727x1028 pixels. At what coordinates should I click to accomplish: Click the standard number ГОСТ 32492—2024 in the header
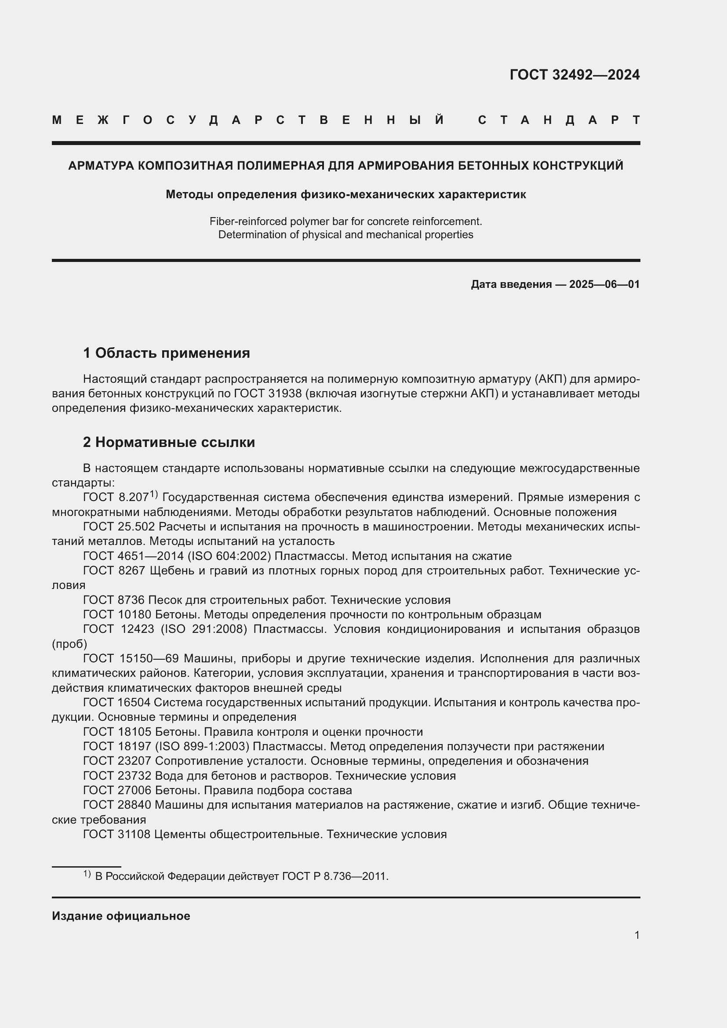tap(574, 75)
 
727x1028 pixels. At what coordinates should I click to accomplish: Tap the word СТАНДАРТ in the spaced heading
tap(559, 120)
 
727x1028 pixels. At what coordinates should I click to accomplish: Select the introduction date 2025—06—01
tap(604, 284)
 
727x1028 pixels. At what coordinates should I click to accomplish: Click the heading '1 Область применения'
tap(167, 353)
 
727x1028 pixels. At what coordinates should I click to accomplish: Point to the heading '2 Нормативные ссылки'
tap(169, 443)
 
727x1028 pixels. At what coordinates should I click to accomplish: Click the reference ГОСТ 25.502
tap(119, 527)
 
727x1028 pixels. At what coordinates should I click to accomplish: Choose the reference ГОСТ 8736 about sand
tap(114, 600)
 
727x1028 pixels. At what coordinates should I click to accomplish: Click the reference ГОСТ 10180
tap(117, 614)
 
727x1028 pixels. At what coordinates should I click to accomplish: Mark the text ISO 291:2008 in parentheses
tap(204, 629)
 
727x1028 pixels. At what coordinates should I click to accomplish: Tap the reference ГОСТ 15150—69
tap(131, 659)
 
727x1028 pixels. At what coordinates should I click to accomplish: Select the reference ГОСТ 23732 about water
tap(117, 775)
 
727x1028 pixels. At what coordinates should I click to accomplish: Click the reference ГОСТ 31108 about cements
tap(117, 834)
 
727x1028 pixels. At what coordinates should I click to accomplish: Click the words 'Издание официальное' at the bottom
tap(121, 916)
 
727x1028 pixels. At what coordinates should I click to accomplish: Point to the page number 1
tap(636, 935)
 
